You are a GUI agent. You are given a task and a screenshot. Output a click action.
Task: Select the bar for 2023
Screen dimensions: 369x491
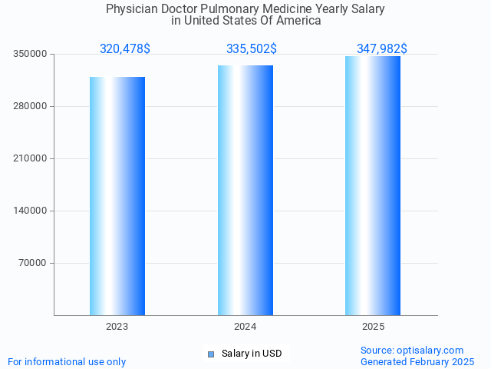tap(117, 196)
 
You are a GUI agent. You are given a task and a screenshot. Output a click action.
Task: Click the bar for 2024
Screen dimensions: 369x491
tap(245, 190)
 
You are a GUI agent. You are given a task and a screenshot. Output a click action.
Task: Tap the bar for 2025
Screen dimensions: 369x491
tap(373, 185)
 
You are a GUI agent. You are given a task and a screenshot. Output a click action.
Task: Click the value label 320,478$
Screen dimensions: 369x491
tap(125, 49)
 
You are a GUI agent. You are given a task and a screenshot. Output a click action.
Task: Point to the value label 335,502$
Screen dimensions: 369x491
tap(252, 49)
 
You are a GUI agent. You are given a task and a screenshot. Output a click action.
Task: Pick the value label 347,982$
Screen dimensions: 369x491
tap(381, 49)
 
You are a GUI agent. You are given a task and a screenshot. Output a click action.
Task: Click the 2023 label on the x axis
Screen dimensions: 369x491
tap(117, 327)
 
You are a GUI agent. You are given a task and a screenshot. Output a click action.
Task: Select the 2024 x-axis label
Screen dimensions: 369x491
tap(245, 327)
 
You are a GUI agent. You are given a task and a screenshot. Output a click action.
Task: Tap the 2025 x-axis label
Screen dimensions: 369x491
tap(373, 327)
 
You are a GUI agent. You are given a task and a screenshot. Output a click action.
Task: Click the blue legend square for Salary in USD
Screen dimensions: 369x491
tap(211, 354)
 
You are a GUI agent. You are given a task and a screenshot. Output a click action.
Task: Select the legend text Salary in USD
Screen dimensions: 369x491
tap(252, 354)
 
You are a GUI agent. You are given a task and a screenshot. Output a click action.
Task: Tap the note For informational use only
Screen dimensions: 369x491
tap(67, 361)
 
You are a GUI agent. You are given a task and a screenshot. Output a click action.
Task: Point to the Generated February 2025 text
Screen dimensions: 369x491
tap(417, 361)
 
